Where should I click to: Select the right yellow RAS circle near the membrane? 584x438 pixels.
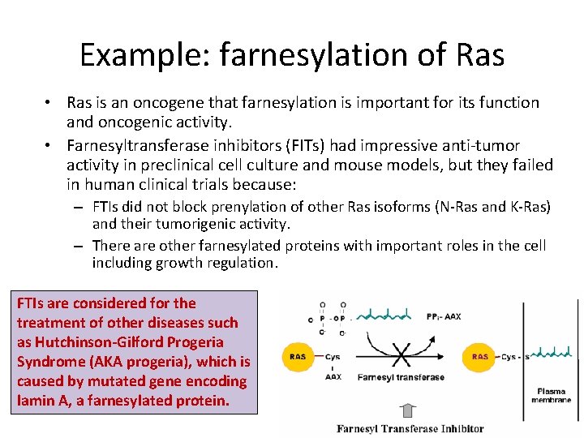pos(480,356)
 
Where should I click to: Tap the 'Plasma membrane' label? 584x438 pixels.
pos(552,395)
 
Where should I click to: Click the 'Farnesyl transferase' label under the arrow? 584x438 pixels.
pos(401,377)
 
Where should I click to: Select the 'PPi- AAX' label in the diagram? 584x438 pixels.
pos(441,316)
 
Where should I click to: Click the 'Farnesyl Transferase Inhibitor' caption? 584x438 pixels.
pos(410,428)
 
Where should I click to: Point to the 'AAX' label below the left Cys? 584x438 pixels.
pos(333,376)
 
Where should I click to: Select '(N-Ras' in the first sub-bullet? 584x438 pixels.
pos(444,207)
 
